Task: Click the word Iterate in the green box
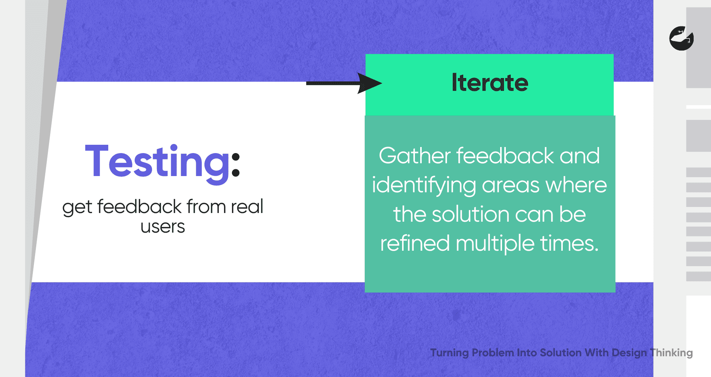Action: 490,83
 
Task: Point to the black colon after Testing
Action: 236,165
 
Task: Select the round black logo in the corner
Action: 682,38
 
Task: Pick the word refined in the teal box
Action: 415,243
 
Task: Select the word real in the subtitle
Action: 247,207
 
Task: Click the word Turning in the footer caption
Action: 450,353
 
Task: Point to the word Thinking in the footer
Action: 671,353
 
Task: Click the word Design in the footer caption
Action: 629,353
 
